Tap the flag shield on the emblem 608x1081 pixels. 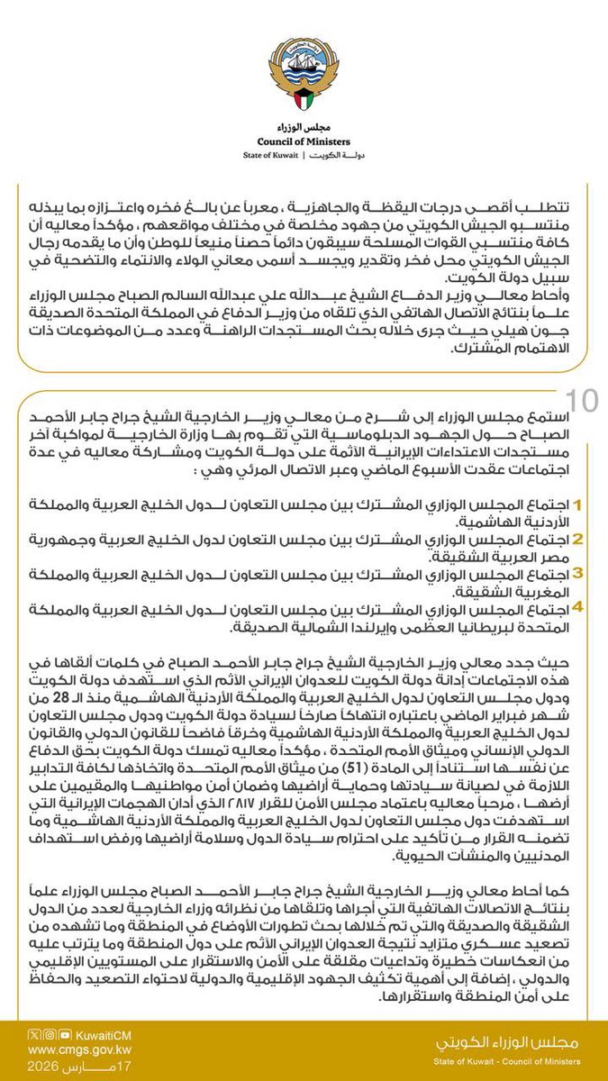(x=304, y=90)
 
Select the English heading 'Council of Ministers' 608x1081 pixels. (x=304, y=141)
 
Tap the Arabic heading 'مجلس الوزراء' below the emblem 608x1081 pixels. (x=304, y=127)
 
